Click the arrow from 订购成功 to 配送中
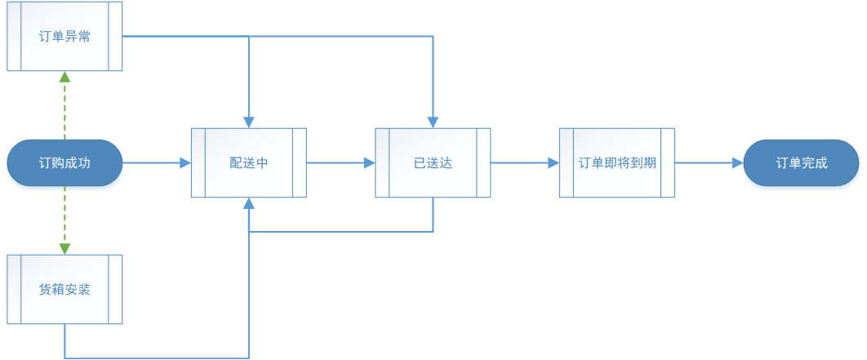(x=155, y=163)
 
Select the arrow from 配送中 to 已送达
(x=340, y=163)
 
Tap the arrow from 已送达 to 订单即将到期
(x=524, y=163)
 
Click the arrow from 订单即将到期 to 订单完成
(x=709, y=163)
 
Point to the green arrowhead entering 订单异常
(x=64, y=78)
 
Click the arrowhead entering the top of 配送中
(x=248, y=122)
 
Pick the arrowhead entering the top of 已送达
(x=433, y=122)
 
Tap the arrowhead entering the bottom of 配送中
(x=248, y=204)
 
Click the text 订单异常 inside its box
(x=64, y=37)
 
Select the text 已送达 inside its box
(x=433, y=163)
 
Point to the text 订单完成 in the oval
(x=802, y=163)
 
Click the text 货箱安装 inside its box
(x=64, y=290)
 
